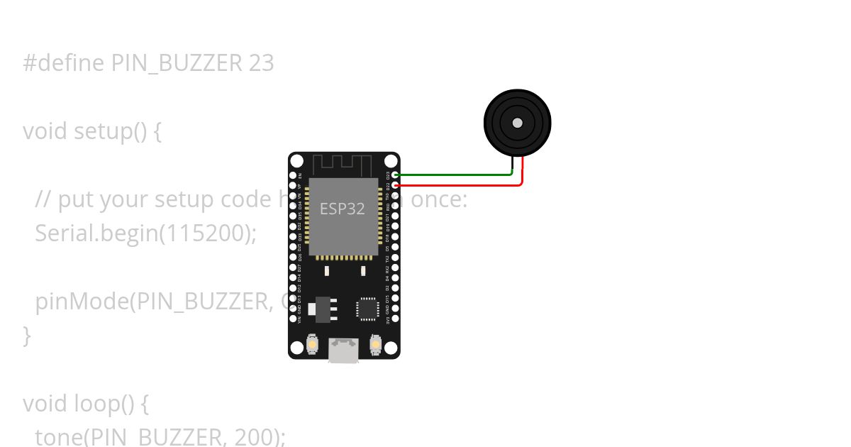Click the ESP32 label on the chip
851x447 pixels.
click(x=343, y=209)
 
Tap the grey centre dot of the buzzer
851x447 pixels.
click(x=518, y=123)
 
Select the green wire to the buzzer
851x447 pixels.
click(x=454, y=174)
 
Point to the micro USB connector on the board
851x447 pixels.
click(x=344, y=351)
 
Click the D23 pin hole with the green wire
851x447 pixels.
click(x=395, y=175)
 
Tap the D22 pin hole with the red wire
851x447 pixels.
click(x=395, y=185)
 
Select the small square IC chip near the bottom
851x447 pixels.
click(x=367, y=308)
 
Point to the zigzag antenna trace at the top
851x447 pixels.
click(x=343, y=165)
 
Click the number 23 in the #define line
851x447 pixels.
click(x=261, y=64)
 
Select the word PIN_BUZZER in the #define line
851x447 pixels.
click(x=177, y=64)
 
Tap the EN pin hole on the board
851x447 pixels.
click(x=293, y=175)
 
